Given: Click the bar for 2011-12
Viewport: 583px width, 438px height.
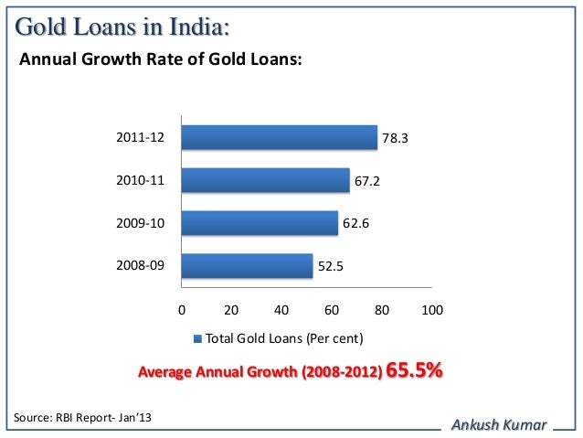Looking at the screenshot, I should pos(279,137).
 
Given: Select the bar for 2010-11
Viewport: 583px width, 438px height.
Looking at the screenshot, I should pos(265,180).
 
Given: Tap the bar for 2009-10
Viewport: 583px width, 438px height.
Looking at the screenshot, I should pos(260,223).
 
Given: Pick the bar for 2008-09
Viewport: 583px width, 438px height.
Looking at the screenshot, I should pos(247,266).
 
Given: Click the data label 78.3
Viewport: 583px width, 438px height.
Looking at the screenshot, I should pos(395,138).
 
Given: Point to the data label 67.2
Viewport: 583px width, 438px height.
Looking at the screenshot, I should pos(367,181).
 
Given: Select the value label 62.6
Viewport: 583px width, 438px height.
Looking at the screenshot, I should pos(356,223).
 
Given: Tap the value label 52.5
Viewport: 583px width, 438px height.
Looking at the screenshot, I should pos(331,267).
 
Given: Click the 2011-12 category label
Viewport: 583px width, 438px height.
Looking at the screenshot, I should pos(140,138).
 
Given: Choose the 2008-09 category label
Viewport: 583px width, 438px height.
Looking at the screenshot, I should pos(140,266).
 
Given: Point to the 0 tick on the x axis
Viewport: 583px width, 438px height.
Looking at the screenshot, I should pos(181,309).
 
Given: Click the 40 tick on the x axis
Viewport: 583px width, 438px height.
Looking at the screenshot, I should pos(281,309).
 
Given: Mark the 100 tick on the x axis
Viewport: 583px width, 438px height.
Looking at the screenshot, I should pos(431,309).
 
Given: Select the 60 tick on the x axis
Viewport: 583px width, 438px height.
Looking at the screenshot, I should pos(332,309).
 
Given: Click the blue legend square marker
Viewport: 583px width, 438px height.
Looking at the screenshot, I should pos(197,339).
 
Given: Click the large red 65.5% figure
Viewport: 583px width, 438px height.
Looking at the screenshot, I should pos(415,371).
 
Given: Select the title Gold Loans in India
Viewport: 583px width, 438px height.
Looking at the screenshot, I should pos(118,27).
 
